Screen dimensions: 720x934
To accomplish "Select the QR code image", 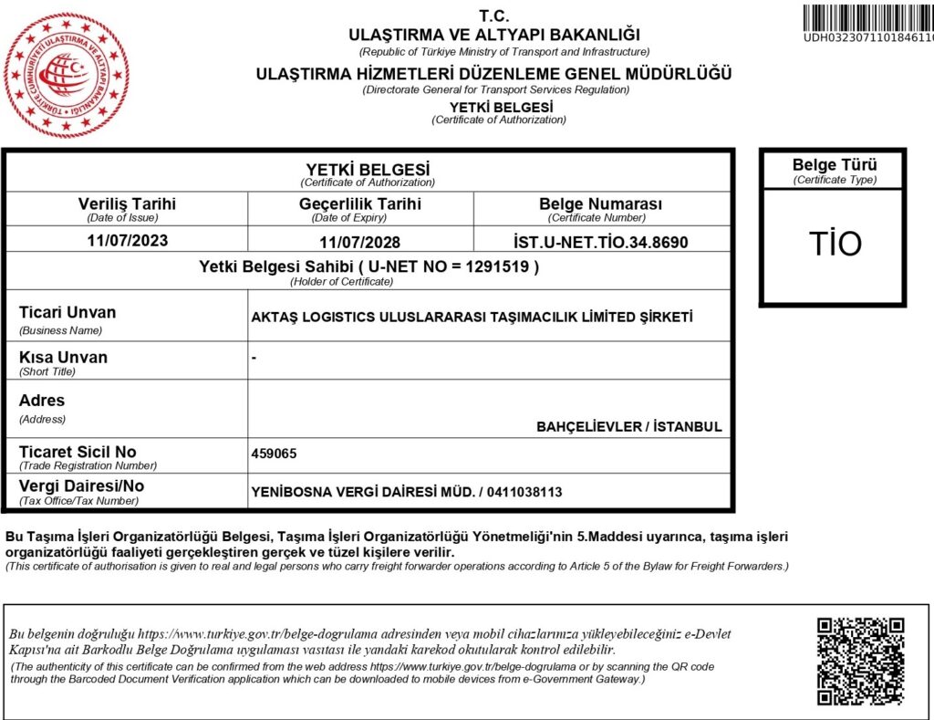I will click(860, 661).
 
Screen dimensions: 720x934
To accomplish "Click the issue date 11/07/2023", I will click(127, 241).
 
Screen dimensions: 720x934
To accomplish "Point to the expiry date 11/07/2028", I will click(359, 242).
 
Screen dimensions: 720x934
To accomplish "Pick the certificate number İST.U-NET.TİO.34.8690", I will click(600, 242).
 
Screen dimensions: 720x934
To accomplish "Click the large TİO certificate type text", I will click(835, 245).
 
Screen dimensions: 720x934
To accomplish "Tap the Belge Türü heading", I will click(835, 165).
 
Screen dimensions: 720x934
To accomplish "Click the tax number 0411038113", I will click(524, 492).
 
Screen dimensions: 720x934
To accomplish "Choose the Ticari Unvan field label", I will click(67, 312).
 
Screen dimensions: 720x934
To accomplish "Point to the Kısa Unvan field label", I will click(63, 357).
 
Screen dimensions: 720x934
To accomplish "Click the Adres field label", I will click(42, 401).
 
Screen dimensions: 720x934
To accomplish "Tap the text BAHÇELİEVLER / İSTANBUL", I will click(628, 426).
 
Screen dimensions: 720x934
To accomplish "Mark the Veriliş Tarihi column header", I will click(127, 203).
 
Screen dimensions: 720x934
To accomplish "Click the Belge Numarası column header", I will click(600, 203).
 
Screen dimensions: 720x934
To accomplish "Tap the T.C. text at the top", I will click(495, 16).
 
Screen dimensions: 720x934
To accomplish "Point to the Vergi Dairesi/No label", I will click(81, 486).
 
